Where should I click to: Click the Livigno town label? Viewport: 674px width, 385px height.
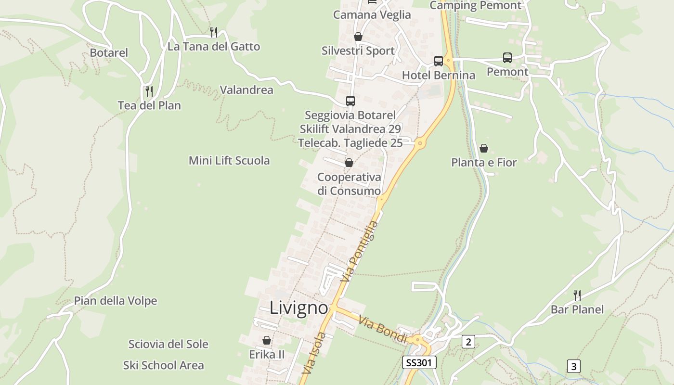coord(298,308)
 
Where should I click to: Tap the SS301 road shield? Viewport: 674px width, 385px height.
coord(419,362)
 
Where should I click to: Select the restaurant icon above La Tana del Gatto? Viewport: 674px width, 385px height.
coord(214,32)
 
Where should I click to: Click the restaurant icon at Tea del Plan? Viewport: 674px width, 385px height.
coord(149,91)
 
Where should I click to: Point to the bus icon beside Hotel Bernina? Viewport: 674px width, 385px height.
coord(439,61)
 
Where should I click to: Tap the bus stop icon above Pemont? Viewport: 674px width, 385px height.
coord(507,58)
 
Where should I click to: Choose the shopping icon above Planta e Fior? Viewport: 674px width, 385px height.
coord(484,148)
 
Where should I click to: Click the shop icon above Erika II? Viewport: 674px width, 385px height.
coord(267,340)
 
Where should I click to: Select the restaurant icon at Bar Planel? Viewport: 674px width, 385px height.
coord(577,295)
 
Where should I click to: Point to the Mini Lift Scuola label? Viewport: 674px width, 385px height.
coord(229,160)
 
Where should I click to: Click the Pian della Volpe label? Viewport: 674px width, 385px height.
coord(116,301)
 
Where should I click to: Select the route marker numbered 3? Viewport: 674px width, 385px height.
coord(573,366)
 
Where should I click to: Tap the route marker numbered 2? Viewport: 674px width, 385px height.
coord(468,342)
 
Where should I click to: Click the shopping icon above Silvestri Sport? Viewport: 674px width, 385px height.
coord(358,37)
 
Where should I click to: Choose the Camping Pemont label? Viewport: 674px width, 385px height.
coord(476,6)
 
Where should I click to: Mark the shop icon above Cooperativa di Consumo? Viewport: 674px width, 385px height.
coord(349,163)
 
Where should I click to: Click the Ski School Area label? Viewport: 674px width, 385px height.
coord(164,365)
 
